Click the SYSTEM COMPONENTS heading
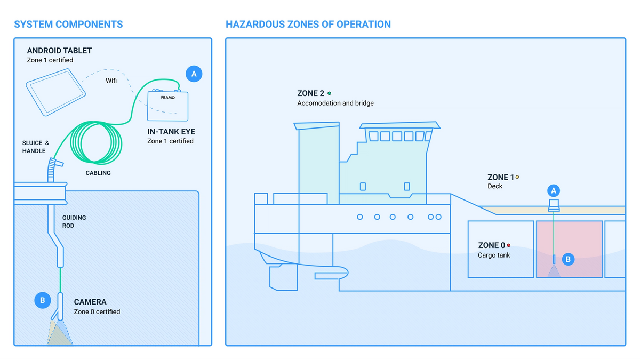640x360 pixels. (x=68, y=25)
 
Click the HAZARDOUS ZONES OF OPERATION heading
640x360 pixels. (x=308, y=25)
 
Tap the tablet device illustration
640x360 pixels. (x=55, y=94)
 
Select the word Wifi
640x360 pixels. (x=110, y=81)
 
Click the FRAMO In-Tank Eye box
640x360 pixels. (x=168, y=105)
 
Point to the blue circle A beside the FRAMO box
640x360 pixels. (x=194, y=74)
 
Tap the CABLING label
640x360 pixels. (x=98, y=173)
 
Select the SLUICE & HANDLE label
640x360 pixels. (x=36, y=147)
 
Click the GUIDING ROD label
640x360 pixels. (x=74, y=222)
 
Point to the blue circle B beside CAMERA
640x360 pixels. (x=42, y=300)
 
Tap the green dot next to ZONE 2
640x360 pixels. (x=329, y=93)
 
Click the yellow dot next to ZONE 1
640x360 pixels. (x=517, y=177)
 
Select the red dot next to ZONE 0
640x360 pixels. (x=509, y=245)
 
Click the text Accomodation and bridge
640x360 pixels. (x=335, y=103)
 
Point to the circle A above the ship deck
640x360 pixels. (x=554, y=190)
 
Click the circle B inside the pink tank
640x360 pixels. (x=568, y=259)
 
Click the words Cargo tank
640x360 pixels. (x=494, y=255)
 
